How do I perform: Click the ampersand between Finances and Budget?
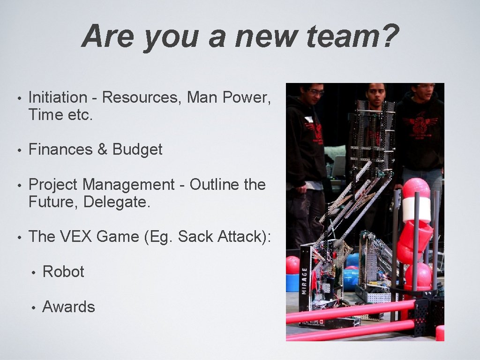click(x=102, y=150)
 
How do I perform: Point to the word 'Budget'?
click(x=137, y=150)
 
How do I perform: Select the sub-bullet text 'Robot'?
click(x=63, y=272)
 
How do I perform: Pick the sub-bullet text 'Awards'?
click(x=68, y=307)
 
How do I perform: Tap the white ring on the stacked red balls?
click(x=416, y=208)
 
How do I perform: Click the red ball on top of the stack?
click(x=416, y=188)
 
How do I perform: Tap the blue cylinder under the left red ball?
click(x=292, y=282)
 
